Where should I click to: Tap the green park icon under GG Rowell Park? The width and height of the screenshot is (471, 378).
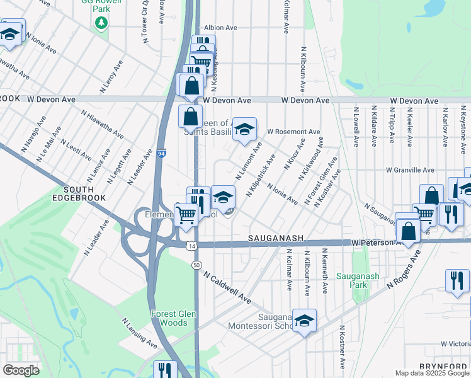pyautogui.click(x=101, y=23)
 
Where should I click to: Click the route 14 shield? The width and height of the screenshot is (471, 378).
pyautogui.click(x=190, y=245)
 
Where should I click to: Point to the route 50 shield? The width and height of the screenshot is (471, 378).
pyautogui.click(x=197, y=266)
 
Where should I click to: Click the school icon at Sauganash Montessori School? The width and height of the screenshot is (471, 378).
pyautogui.click(x=304, y=321)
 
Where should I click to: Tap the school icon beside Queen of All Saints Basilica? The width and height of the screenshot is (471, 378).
pyautogui.click(x=244, y=129)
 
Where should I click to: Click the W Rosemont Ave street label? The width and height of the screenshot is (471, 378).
pyautogui.click(x=293, y=132)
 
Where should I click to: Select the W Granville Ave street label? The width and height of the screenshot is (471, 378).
pyautogui.click(x=410, y=170)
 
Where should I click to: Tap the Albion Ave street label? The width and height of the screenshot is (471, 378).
pyautogui.click(x=220, y=28)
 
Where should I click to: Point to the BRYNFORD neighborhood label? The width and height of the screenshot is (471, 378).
pyautogui.click(x=444, y=366)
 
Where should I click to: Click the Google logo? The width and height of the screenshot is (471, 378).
pyautogui.click(x=21, y=370)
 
